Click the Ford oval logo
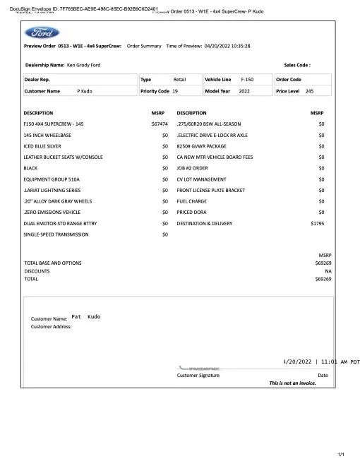42,32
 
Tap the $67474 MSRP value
160,124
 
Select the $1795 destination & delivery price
317,223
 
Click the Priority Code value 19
175,91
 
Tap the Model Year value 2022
245,91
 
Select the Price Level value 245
309,91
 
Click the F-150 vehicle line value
247,80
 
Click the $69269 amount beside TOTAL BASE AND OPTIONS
323,263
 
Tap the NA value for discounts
328,270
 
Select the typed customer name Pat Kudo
86,317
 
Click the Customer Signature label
198,375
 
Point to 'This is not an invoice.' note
292,383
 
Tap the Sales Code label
296,64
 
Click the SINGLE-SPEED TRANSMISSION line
56,234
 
